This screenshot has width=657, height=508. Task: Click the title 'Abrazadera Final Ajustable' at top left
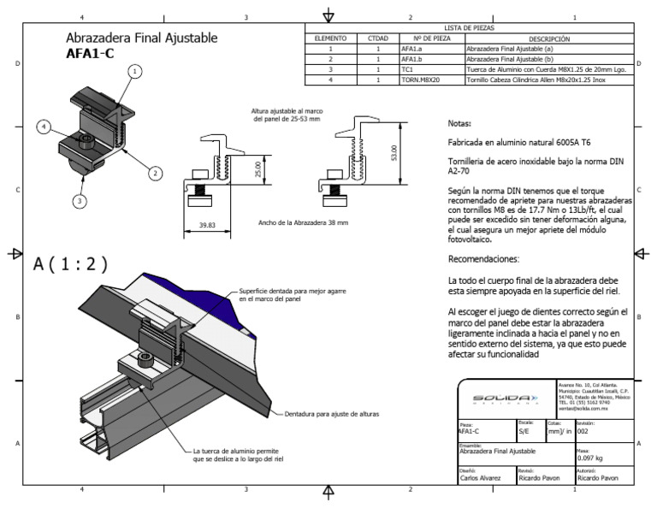coord(141,38)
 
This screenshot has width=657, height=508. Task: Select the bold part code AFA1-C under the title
coord(90,53)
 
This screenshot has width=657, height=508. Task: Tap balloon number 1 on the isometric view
coord(134,73)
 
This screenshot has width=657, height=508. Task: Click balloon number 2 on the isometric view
coord(156,173)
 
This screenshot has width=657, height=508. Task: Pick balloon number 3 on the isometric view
coord(79,202)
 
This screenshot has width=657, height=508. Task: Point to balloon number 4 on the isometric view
coord(44,127)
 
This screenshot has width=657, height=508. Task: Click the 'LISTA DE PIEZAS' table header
coord(469,28)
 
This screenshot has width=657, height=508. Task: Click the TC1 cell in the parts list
coord(408,69)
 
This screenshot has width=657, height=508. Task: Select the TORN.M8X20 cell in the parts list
coord(420,80)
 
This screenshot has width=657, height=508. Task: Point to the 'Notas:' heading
coord(459,123)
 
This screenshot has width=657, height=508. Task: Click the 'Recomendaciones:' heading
coord(483,258)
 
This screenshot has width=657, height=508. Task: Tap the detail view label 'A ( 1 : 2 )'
coord(71,265)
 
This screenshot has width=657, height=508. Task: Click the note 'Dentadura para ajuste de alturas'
coord(331,414)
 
